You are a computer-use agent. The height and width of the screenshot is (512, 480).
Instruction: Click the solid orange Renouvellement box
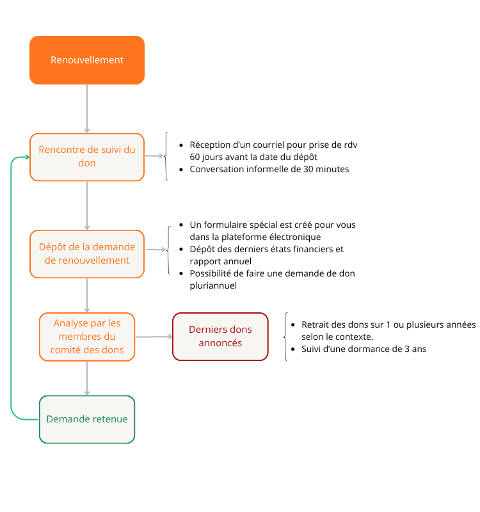point(87,60)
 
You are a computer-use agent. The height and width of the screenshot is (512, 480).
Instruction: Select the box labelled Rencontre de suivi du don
point(87,157)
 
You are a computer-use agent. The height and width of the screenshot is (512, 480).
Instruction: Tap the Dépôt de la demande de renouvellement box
point(87,254)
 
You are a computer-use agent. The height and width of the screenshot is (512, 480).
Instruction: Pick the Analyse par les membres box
point(87,337)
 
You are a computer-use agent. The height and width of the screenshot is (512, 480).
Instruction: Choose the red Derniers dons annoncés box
point(220,337)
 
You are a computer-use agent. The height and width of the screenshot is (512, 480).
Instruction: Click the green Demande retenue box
point(87,419)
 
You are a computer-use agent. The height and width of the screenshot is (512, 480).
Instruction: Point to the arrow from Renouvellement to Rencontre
point(87,109)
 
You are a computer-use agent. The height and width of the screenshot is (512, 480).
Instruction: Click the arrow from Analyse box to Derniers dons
point(154,337)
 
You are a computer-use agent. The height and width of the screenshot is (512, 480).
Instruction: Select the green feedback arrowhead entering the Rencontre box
point(27,157)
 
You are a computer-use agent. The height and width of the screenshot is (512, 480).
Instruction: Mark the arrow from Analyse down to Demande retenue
point(87,378)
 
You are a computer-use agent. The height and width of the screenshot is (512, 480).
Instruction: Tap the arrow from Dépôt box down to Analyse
point(87,295)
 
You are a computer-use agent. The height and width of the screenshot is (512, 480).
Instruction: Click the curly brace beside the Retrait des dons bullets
point(285,337)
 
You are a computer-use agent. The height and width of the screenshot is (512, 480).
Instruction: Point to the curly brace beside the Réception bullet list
point(166,156)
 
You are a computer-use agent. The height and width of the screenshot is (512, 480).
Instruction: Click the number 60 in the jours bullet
point(195,157)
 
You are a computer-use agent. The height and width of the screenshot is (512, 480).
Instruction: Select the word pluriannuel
point(213,285)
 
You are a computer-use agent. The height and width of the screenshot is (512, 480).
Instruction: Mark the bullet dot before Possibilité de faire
point(181,274)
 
